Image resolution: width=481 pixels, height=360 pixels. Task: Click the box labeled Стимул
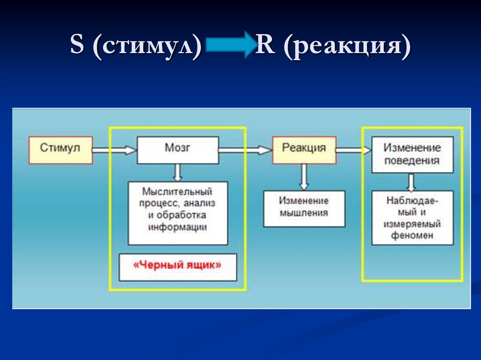pos(60,150)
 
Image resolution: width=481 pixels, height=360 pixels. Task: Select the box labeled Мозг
pos(178,150)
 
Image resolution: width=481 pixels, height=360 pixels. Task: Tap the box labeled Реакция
pos(304,150)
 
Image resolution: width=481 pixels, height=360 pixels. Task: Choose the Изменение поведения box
pos(412,154)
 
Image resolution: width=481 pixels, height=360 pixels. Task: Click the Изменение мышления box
pos(304,208)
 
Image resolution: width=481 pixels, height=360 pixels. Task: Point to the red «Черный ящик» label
pos(178,266)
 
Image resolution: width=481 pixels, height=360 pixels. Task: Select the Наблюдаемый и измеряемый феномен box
pos(412,217)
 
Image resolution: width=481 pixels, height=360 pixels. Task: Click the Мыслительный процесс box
pos(178,213)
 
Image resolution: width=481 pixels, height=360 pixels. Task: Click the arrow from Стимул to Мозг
pos(114,150)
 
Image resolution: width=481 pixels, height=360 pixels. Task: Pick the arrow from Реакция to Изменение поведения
pos(353,150)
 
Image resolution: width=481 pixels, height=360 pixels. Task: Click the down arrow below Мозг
pos(178,173)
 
